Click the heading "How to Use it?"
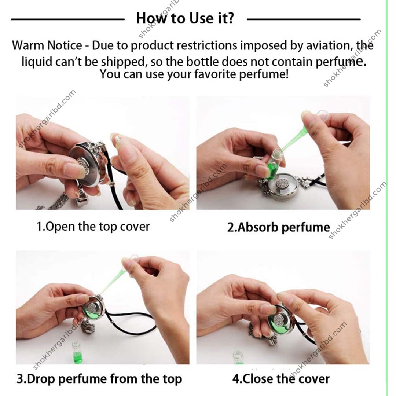(185, 18)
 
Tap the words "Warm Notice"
(47, 46)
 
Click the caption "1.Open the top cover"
(93, 227)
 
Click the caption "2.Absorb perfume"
(279, 227)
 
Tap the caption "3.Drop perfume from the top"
(99, 379)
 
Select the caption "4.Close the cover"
(281, 379)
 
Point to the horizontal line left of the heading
(68, 19)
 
